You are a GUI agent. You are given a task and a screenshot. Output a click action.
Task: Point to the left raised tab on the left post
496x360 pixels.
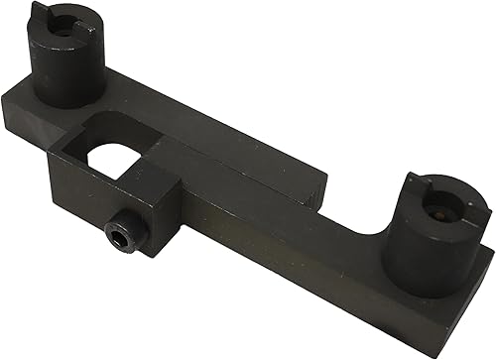pos(40,14)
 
